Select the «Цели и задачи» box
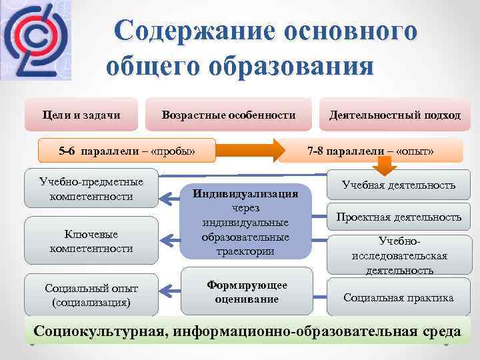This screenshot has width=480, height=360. click(x=81, y=115)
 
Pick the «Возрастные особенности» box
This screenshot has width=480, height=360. click(x=228, y=115)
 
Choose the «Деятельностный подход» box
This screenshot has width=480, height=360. click(x=394, y=115)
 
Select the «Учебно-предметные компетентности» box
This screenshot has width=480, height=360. click(x=91, y=189)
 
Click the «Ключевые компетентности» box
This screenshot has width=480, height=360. click(x=91, y=241)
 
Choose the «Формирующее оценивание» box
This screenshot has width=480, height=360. click(x=247, y=291)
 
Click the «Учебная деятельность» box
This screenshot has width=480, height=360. click(x=399, y=185)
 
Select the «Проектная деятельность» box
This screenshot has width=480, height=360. click(x=399, y=217)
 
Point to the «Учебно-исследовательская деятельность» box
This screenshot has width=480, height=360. click(x=399, y=255)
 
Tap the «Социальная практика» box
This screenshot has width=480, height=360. click(x=399, y=297)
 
